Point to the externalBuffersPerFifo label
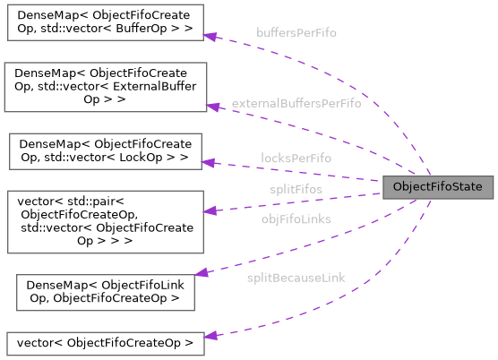coord(296,104)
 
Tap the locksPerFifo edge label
coord(296,158)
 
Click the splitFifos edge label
coord(296,189)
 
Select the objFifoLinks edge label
coord(296,219)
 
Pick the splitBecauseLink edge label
coord(296,278)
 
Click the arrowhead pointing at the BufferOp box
coord(211,36)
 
